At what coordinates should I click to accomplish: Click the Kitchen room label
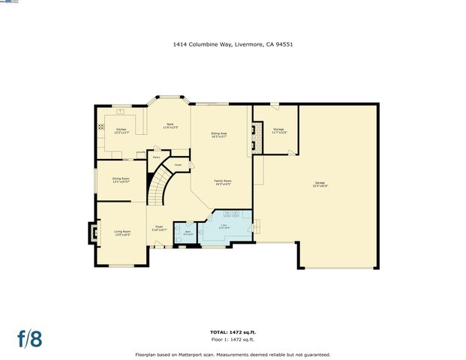(x=122, y=130)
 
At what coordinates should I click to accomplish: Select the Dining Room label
(x=121, y=180)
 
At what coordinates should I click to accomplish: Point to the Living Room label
(x=122, y=232)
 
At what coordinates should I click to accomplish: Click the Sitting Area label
(x=219, y=134)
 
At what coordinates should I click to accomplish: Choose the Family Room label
(x=223, y=182)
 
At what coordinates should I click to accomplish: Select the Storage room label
(x=278, y=131)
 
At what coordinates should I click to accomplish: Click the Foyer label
(x=159, y=228)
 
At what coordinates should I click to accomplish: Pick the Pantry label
(x=156, y=157)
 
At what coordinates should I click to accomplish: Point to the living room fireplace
(x=94, y=232)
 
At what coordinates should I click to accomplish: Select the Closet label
(x=178, y=165)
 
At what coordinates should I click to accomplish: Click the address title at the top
(x=233, y=44)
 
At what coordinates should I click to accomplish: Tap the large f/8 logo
(x=30, y=338)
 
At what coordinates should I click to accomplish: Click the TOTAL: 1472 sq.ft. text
(x=232, y=331)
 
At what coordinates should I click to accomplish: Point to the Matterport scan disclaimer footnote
(x=232, y=354)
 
